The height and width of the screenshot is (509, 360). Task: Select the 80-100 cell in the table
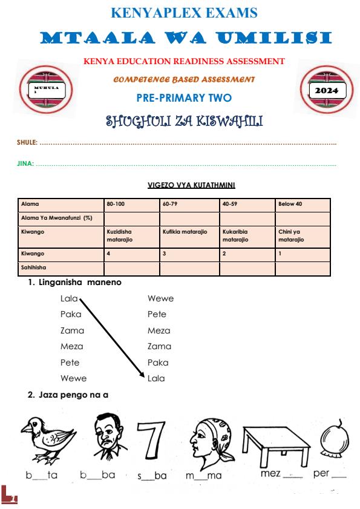(132, 204)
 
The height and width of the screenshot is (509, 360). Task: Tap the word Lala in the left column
(69, 298)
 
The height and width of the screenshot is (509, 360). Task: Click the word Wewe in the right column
(160, 298)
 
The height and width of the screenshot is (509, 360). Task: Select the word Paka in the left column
(71, 314)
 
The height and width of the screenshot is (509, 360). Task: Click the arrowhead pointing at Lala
(140, 376)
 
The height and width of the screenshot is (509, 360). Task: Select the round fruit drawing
(332, 440)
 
